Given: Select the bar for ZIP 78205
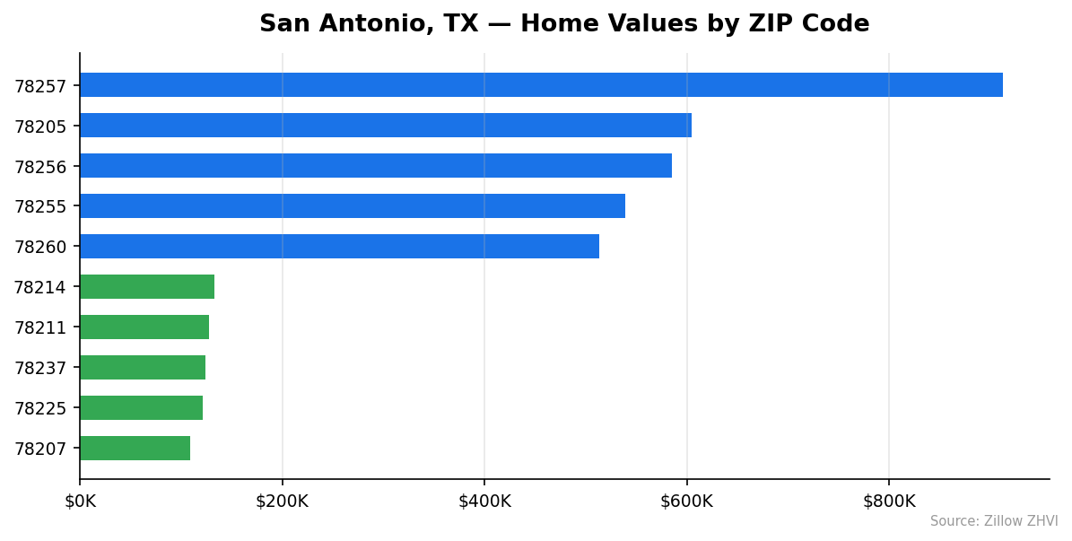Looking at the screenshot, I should point(386,126).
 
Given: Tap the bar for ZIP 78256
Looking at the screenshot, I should point(376,166).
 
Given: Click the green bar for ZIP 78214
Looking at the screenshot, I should point(147,287).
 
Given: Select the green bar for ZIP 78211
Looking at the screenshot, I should point(144,327).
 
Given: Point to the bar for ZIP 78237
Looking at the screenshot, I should point(143,368).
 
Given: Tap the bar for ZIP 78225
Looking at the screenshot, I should point(141,408).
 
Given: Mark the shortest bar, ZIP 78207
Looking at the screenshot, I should point(135,449).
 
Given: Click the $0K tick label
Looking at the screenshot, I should point(80,502).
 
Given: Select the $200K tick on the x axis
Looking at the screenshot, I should point(282,502).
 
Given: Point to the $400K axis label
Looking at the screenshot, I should point(484,502).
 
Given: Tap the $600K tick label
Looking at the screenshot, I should point(686,502).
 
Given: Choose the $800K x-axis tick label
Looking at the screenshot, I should point(889,502).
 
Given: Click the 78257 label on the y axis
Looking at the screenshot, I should point(40,86).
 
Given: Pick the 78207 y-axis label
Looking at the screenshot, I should point(40,449).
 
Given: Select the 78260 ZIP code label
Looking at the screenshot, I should point(40,247).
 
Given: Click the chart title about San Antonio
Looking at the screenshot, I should point(564,24).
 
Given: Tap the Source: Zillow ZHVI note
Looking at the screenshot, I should point(994,521).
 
